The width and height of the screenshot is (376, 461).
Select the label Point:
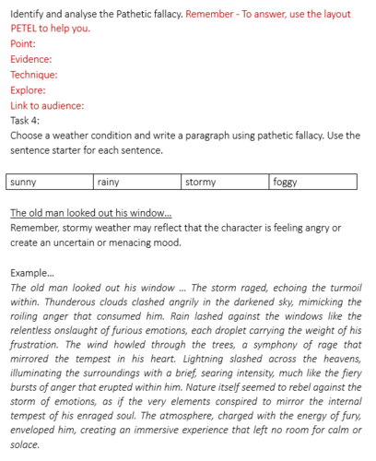click(x=24, y=43)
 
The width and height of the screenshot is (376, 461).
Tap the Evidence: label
click(x=31, y=59)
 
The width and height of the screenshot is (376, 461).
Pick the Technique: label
click(x=34, y=75)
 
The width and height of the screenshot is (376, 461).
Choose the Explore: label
click(x=28, y=90)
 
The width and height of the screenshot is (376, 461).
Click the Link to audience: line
click(x=47, y=105)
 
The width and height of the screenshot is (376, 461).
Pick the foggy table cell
click(x=316, y=183)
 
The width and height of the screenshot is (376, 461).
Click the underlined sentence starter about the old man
click(x=90, y=213)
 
